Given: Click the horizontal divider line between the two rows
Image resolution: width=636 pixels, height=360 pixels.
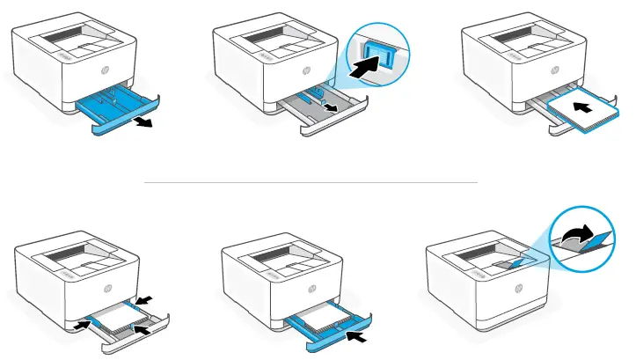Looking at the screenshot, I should pyautogui.click(x=310, y=182).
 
